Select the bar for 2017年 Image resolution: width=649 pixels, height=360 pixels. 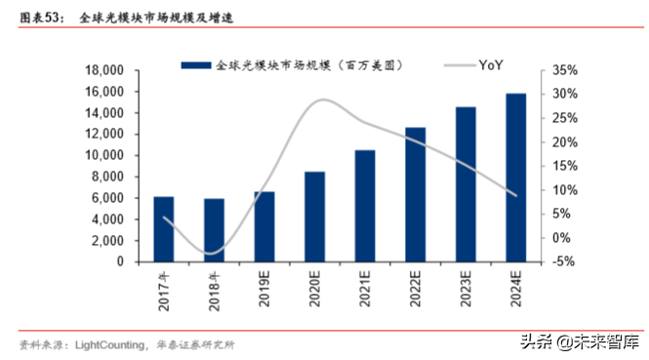[164, 229]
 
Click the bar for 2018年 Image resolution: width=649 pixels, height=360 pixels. [214, 230]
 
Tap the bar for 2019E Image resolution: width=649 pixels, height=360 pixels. [264, 226]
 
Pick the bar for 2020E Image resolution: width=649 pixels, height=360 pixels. [315, 217]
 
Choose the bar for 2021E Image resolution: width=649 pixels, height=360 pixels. [365, 206]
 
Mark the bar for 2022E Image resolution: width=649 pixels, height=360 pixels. [416, 194]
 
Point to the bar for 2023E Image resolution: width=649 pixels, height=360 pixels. [466, 184]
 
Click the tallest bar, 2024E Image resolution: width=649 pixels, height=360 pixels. [516, 178]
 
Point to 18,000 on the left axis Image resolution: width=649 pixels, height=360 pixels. [103, 70]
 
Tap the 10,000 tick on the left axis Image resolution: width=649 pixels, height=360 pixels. [103, 155]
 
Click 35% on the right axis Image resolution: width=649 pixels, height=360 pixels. [564, 70]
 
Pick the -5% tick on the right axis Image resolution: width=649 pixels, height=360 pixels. [564, 261]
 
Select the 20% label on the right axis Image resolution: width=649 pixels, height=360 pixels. [564, 141]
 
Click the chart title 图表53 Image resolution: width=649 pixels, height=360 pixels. [37, 18]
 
